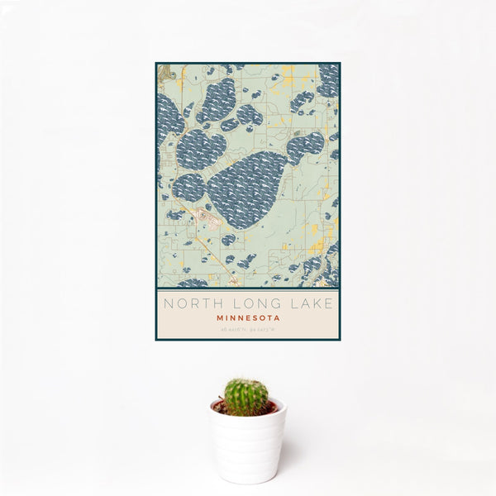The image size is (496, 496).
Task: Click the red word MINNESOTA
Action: [x=248, y=317]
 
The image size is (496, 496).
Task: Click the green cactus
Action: [x=246, y=397]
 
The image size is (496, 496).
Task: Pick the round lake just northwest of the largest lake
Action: [x=201, y=149]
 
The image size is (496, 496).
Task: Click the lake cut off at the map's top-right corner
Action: [x=328, y=79]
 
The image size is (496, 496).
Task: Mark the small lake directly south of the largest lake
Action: [x=228, y=240]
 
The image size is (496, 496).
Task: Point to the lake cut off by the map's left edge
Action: [x=168, y=116]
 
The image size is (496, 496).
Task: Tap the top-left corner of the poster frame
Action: [x=156, y=64]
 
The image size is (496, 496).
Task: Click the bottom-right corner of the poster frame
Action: [x=339, y=340]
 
